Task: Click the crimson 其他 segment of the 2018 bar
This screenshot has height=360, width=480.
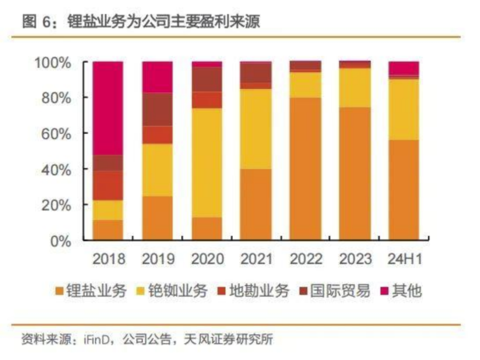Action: click(108, 108)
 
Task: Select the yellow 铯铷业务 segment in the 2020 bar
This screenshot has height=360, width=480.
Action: click(207, 163)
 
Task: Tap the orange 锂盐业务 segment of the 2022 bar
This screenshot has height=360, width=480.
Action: click(305, 169)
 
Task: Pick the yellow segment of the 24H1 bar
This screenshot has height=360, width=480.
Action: click(404, 109)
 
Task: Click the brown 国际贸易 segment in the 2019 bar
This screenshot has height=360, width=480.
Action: click(157, 109)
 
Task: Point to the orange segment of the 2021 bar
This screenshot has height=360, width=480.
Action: click(256, 204)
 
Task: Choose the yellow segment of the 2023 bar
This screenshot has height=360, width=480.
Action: click(354, 88)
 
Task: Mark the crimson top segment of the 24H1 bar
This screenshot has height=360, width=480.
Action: click(404, 68)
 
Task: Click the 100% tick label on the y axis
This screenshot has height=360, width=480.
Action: click(52, 63)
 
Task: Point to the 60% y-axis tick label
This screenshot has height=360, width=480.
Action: click(56, 134)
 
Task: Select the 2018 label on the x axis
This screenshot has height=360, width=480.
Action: click(108, 259)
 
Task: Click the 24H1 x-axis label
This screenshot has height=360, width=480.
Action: click(404, 259)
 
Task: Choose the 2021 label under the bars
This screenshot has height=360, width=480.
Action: click(256, 259)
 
